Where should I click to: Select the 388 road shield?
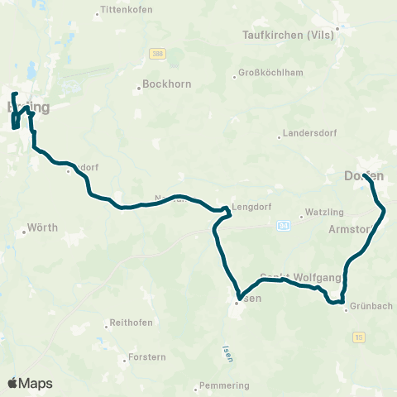[x=156, y=54]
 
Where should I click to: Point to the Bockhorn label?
[x=160, y=84]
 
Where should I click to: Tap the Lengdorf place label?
[x=251, y=209]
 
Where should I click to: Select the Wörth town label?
[x=42, y=227]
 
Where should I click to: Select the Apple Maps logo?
[x=30, y=383]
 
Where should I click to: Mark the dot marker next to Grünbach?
[x=347, y=310]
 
